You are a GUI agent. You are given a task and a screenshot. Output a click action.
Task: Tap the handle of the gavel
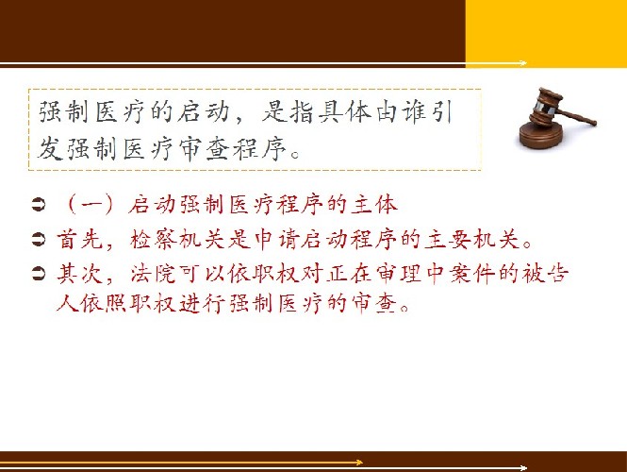577,116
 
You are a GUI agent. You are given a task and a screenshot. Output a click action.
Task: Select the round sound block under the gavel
541,135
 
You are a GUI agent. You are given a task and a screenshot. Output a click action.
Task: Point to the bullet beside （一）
39,205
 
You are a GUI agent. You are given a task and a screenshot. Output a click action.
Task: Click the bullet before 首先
39,240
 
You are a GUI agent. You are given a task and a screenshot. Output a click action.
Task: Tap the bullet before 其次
39,274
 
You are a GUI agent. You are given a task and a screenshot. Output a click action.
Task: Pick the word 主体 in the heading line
374,205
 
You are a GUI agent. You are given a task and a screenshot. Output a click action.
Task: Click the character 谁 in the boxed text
416,111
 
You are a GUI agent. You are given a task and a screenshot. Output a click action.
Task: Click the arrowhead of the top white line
523,63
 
